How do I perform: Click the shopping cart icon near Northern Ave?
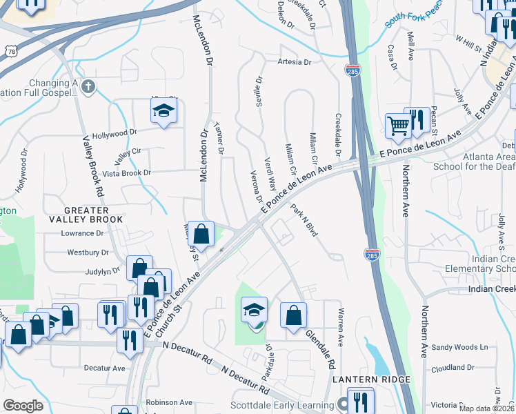click(x=398, y=126)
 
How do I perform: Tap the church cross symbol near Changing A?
click(x=87, y=87)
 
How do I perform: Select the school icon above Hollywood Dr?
click(x=163, y=110)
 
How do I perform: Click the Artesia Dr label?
click(x=295, y=62)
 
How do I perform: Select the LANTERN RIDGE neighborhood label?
click(x=372, y=379)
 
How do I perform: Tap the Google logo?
click(x=23, y=406)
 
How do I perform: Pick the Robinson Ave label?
click(x=170, y=402)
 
